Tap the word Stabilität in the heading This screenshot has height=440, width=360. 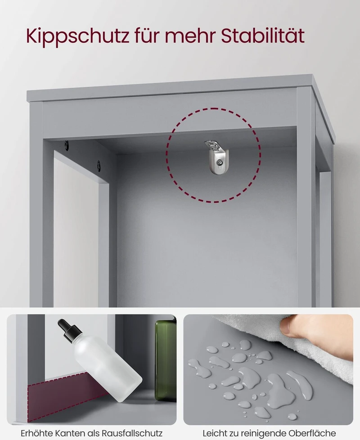[263, 36]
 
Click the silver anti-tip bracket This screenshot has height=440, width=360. [217, 157]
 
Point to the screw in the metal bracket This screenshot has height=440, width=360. [219, 162]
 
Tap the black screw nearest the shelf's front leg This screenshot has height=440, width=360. [67, 145]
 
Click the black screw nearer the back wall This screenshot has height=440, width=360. [99, 166]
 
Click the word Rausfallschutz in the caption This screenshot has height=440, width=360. [132, 433]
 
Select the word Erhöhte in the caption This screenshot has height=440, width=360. [36, 433]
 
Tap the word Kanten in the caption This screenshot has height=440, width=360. [69, 433]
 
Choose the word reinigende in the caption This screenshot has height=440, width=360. [266, 433]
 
